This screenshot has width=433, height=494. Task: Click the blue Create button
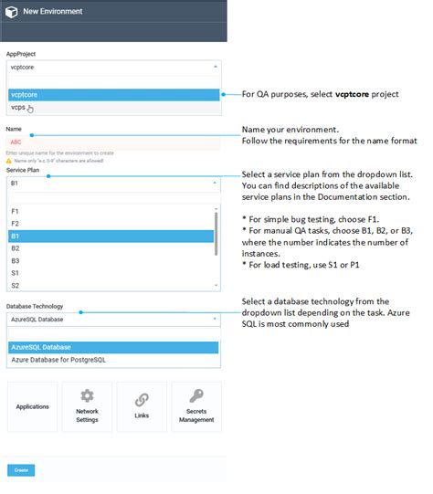click(x=21, y=470)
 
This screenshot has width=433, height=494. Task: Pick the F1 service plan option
click(x=16, y=211)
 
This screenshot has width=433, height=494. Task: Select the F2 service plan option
click(x=16, y=223)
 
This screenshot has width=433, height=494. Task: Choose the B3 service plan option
click(x=16, y=260)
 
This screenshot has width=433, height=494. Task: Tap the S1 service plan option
click(x=16, y=273)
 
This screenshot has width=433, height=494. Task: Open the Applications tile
click(x=33, y=406)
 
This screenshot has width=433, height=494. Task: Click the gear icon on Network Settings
click(x=87, y=396)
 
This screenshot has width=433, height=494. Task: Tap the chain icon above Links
click(x=142, y=399)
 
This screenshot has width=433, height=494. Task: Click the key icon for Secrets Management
click(x=196, y=396)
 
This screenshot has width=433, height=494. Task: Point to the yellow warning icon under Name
click(x=9, y=160)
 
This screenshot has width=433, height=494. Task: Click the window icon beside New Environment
click(x=12, y=12)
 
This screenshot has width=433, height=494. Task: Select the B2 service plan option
click(x=16, y=247)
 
